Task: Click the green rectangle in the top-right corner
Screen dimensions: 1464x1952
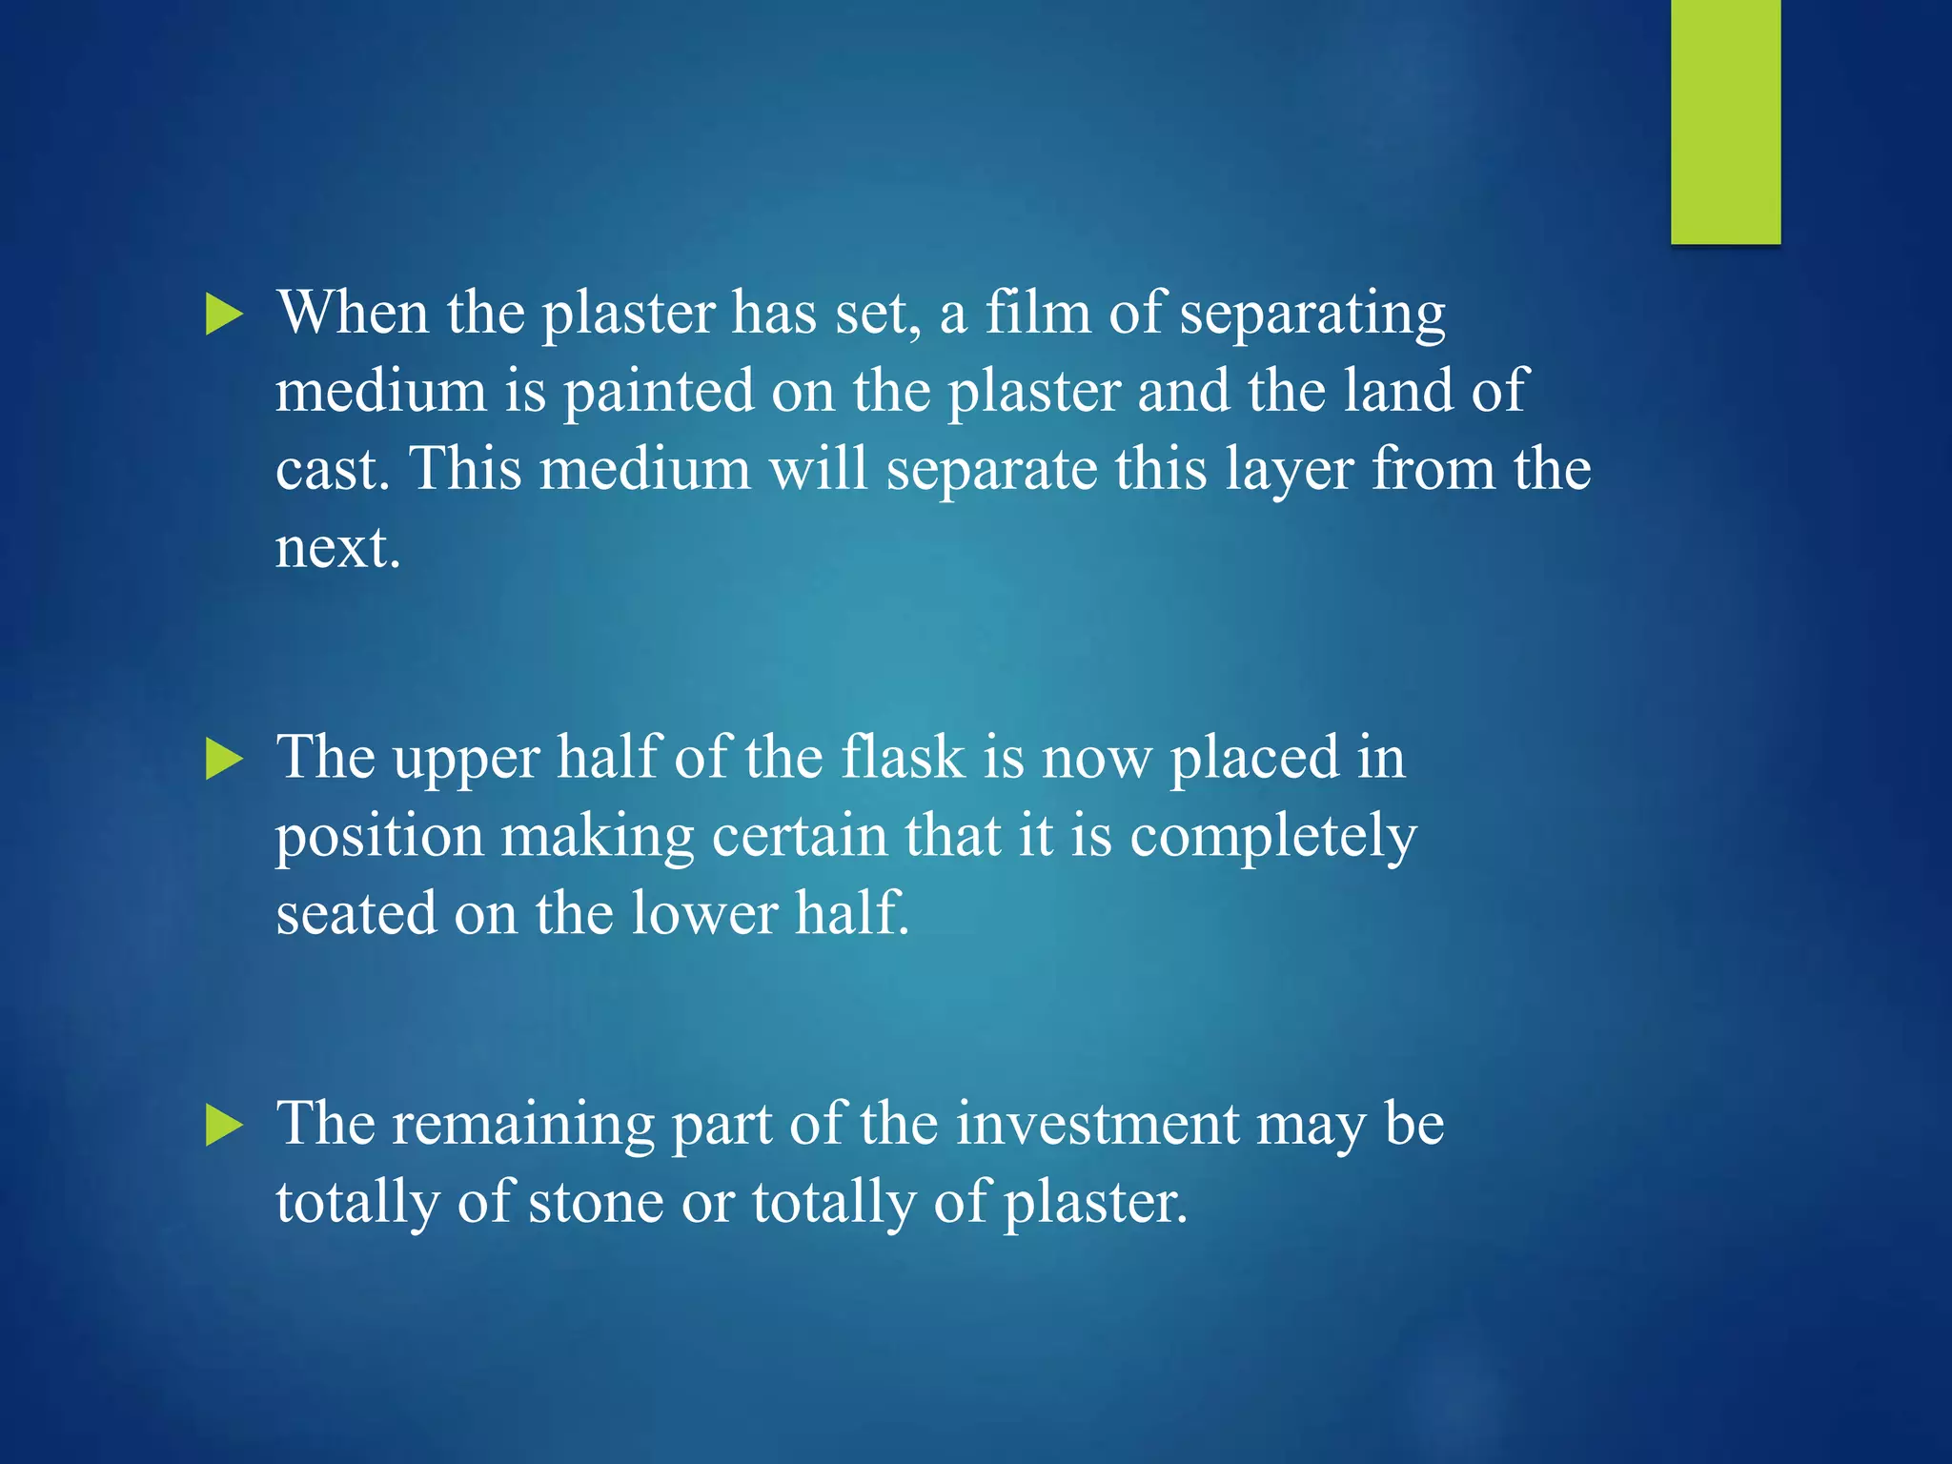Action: pyautogui.click(x=1725, y=121)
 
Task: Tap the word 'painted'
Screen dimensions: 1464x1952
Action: pyautogui.click(x=659, y=392)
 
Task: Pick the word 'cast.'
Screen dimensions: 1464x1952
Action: pyautogui.click(x=333, y=470)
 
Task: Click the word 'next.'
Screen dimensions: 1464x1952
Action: pyautogui.click(x=337, y=548)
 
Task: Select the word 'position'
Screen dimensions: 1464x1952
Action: pyautogui.click(x=379, y=838)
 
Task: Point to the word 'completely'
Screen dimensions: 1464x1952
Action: pyautogui.click(x=1273, y=838)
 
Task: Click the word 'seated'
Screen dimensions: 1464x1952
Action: pyautogui.click(x=356, y=914)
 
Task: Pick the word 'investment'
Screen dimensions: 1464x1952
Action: pyautogui.click(x=1097, y=1124)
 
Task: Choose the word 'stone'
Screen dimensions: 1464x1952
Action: pyautogui.click(x=596, y=1202)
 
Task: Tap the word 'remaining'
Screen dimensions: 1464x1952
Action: pyautogui.click(x=523, y=1126)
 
